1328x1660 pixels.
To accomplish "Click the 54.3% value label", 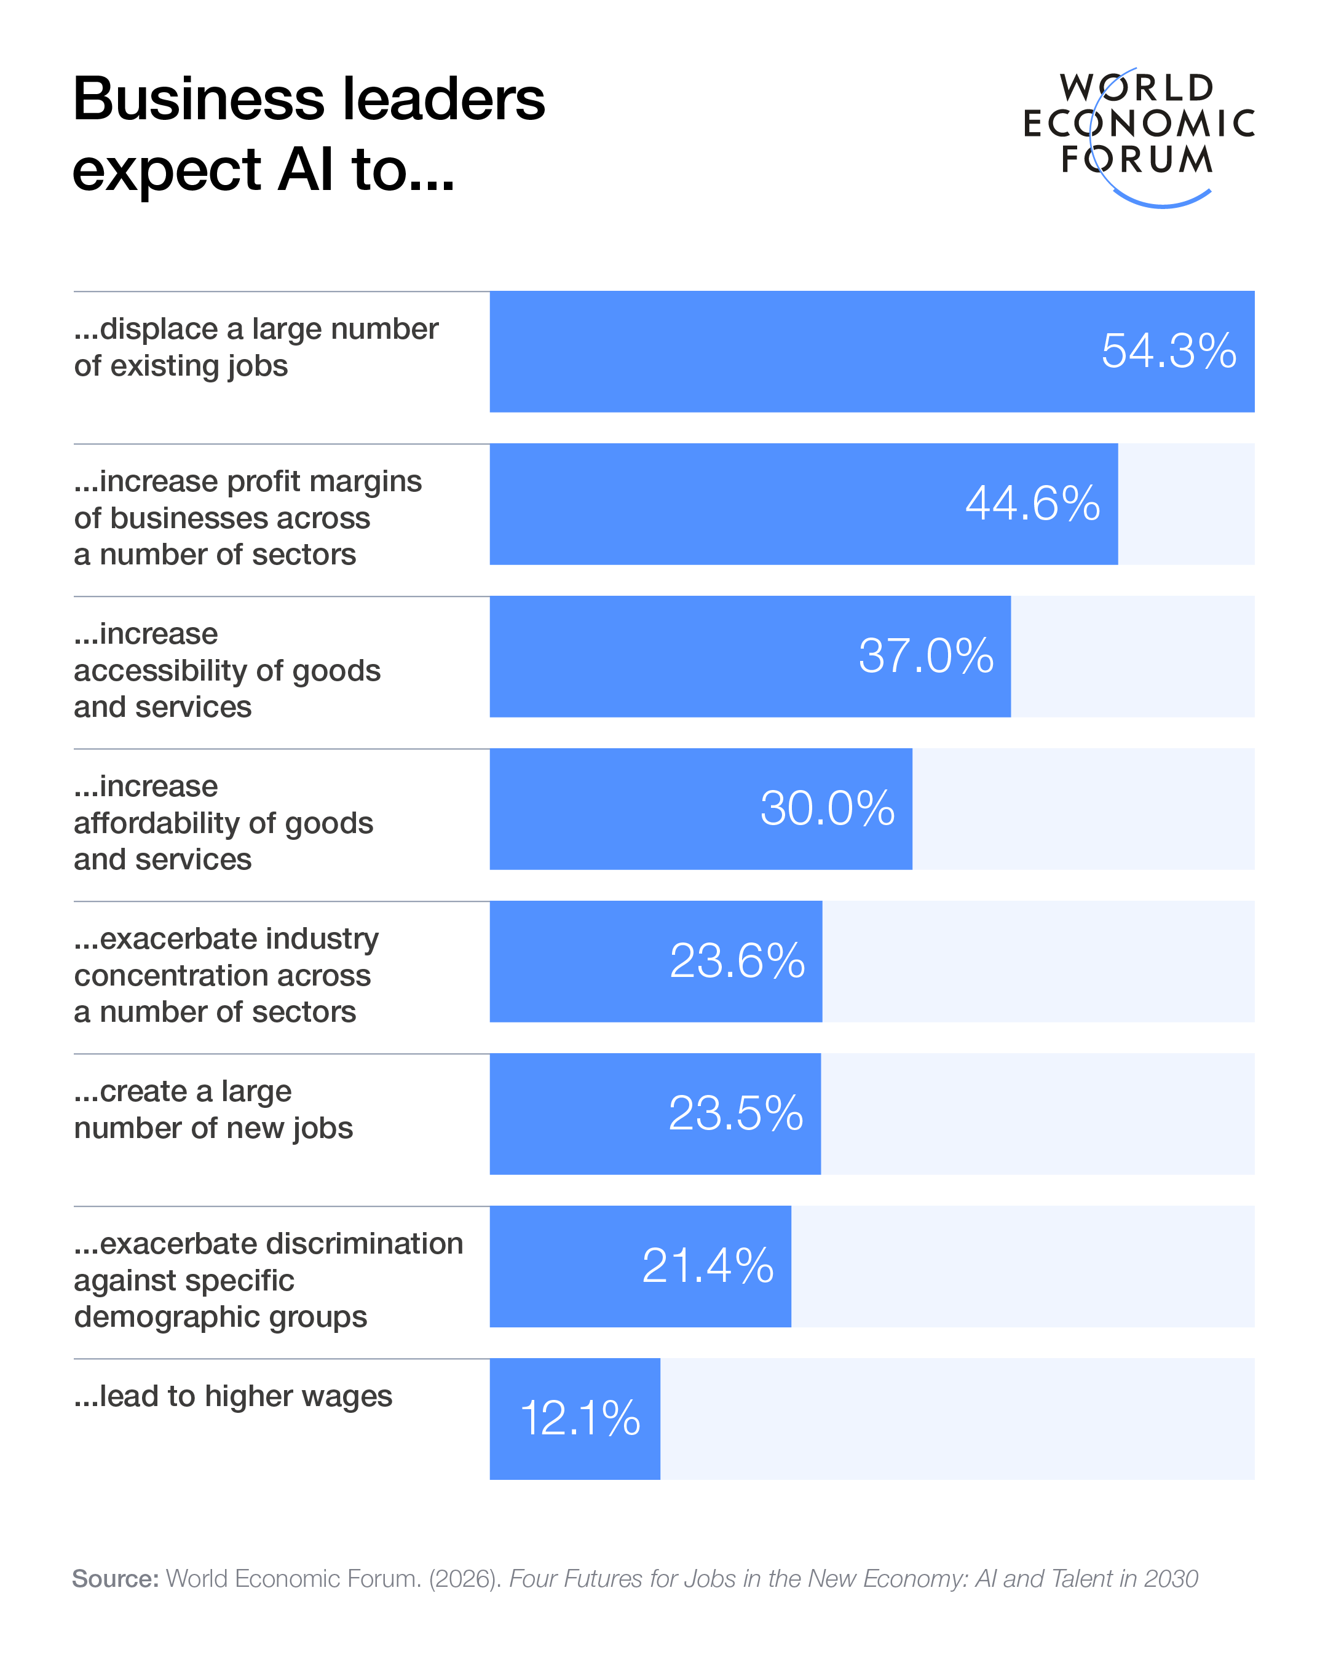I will click(x=1168, y=351).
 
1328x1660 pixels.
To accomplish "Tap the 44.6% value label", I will click(x=1032, y=504).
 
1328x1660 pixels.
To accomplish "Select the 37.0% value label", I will click(x=925, y=656).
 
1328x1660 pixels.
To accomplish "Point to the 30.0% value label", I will click(x=827, y=808).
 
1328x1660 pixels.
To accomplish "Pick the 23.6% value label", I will click(x=737, y=961).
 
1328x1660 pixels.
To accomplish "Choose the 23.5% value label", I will click(x=735, y=1113).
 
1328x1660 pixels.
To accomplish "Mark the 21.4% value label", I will click(x=706, y=1266).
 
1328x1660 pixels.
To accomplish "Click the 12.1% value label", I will click(x=580, y=1418).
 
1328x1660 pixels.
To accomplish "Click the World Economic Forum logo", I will click(x=1138, y=135).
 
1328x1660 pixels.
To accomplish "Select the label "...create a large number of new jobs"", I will click(x=213, y=1110).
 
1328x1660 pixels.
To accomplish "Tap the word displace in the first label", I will click(x=159, y=330).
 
